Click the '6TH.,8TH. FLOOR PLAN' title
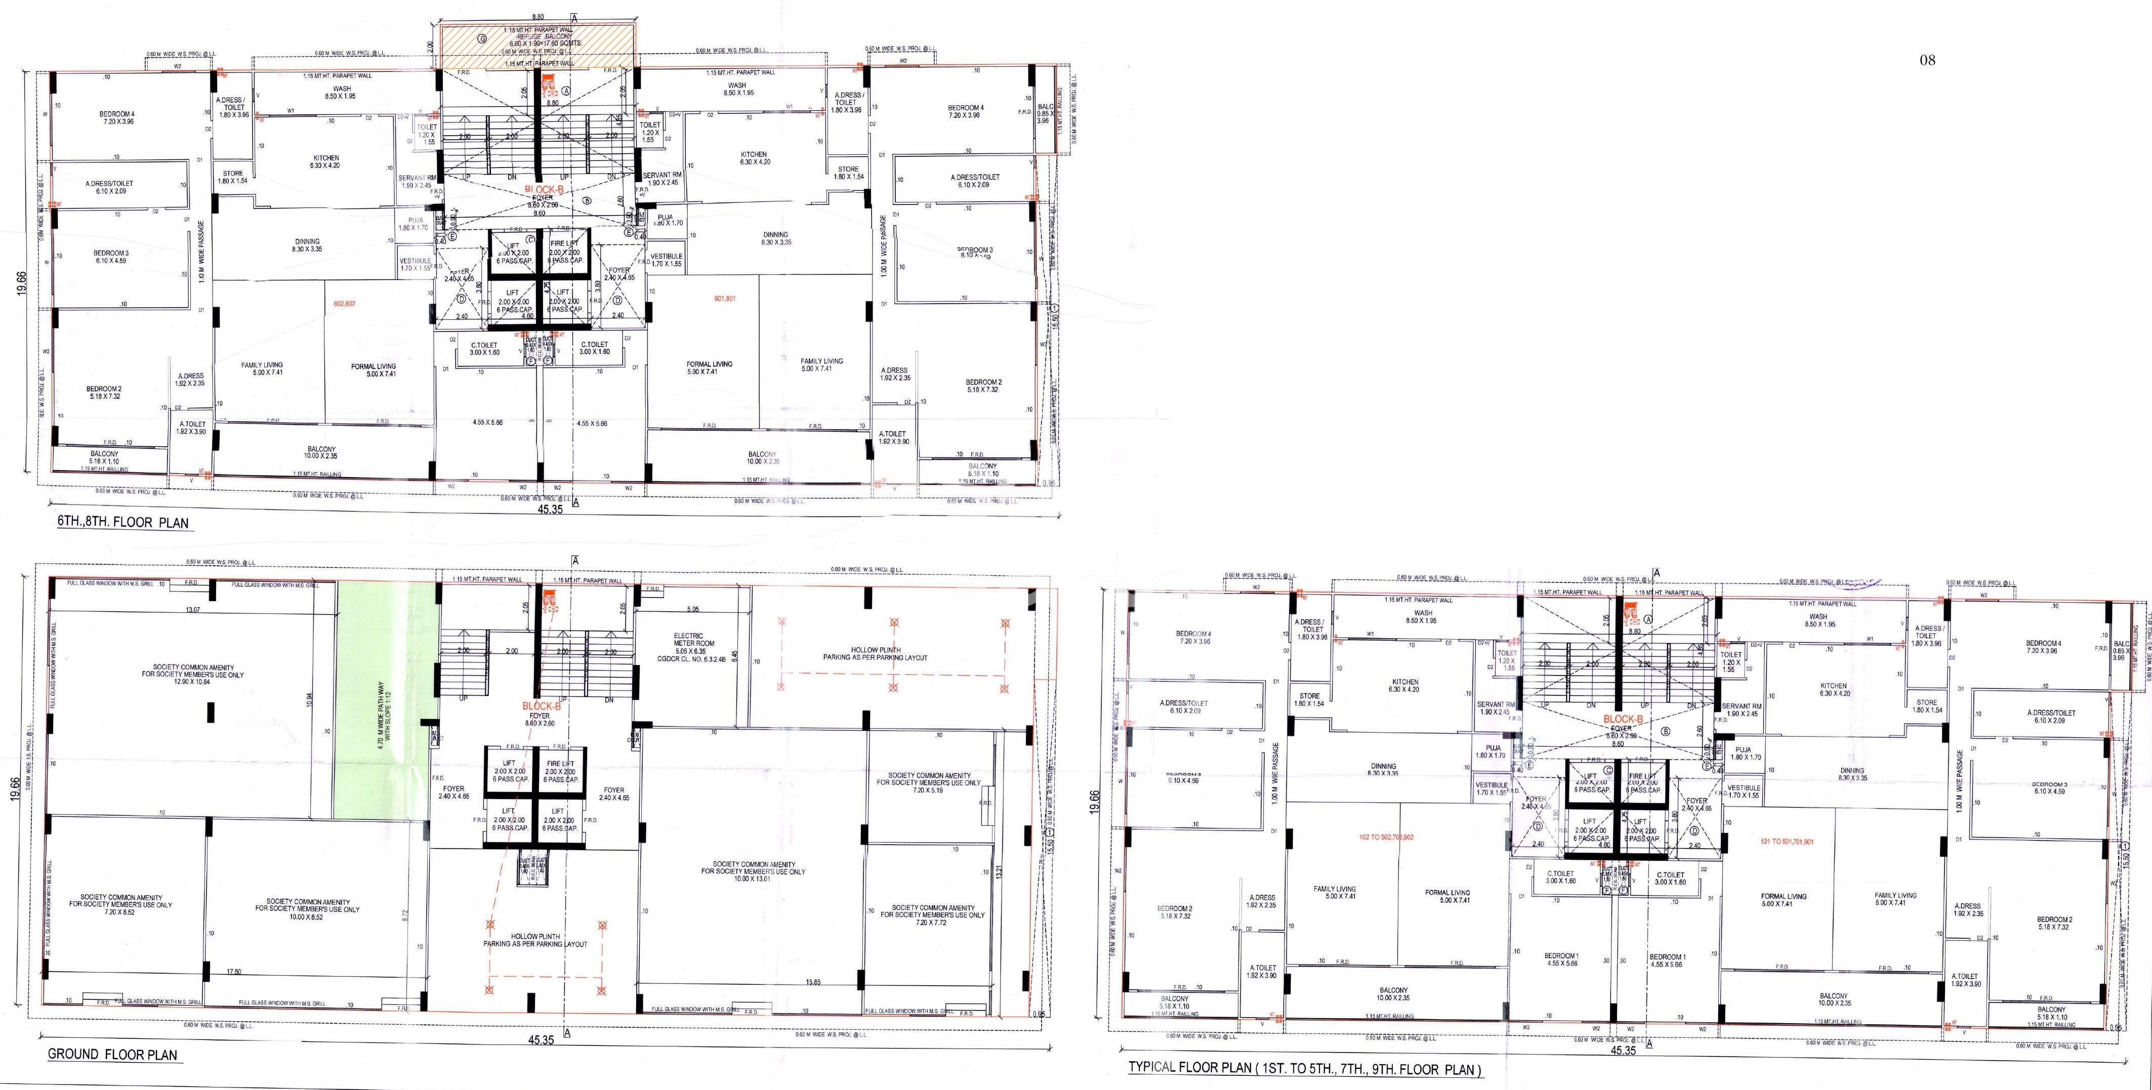[123, 523]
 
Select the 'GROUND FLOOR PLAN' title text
[112, 1054]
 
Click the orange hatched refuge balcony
[539, 47]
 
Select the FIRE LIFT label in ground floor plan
[561, 764]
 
